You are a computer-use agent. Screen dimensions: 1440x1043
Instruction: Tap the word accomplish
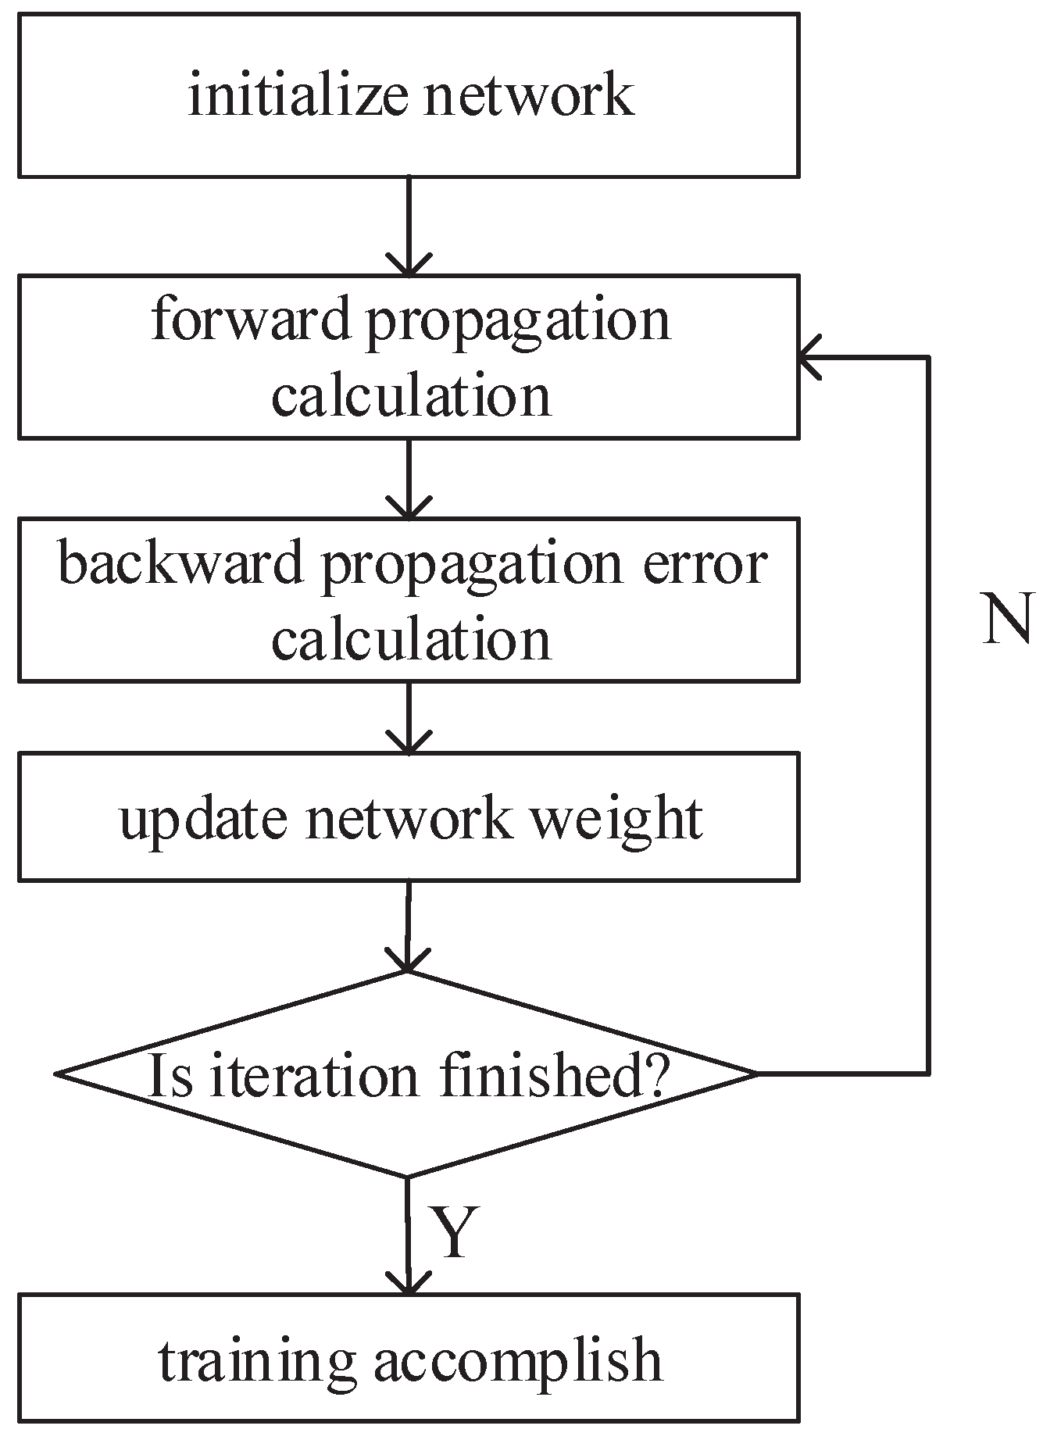point(517,1360)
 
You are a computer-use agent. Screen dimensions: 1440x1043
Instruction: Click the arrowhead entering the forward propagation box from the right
point(809,357)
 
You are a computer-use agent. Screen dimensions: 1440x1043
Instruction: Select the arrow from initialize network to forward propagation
point(408,227)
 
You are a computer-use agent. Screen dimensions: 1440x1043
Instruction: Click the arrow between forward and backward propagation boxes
point(408,478)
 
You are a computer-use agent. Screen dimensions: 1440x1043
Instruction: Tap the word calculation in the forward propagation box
point(411,395)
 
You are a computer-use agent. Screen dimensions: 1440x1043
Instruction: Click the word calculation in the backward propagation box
point(411,638)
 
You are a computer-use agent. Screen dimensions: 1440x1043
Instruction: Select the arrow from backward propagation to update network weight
point(408,717)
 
